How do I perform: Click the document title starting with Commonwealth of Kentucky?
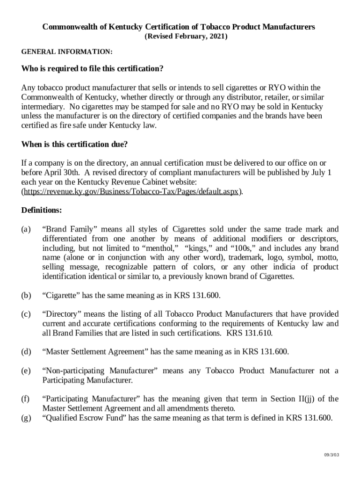[179, 27]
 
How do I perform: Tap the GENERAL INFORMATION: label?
[67, 51]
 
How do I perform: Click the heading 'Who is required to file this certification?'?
[92, 69]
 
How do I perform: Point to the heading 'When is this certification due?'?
[74, 145]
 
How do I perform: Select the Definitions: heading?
[42, 210]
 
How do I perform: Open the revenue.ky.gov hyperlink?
[132, 192]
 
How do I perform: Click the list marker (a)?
[26, 229]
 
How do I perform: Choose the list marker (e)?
[26, 371]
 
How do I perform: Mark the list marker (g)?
[26, 418]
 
